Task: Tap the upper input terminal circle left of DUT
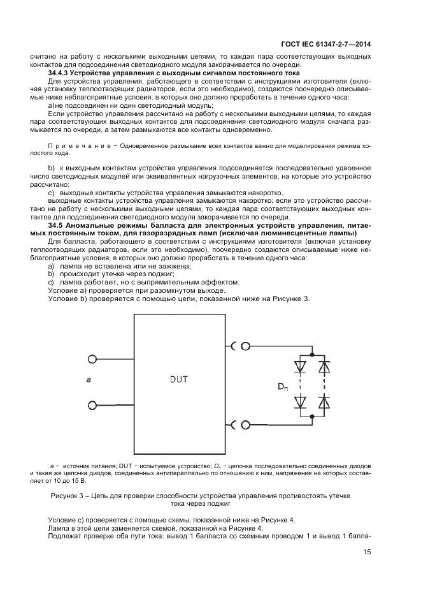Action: click(92, 359)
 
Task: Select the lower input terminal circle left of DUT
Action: click(92, 405)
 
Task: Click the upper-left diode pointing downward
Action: click(299, 366)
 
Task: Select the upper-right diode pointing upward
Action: click(324, 366)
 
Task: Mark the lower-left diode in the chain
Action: click(299, 401)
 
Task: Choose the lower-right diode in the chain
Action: click(324, 401)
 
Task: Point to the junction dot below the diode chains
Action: click(312, 418)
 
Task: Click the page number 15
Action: click(367, 552)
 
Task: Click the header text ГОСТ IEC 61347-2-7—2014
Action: click(325, 44)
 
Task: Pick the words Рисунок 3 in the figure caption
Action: click(67, 495)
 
